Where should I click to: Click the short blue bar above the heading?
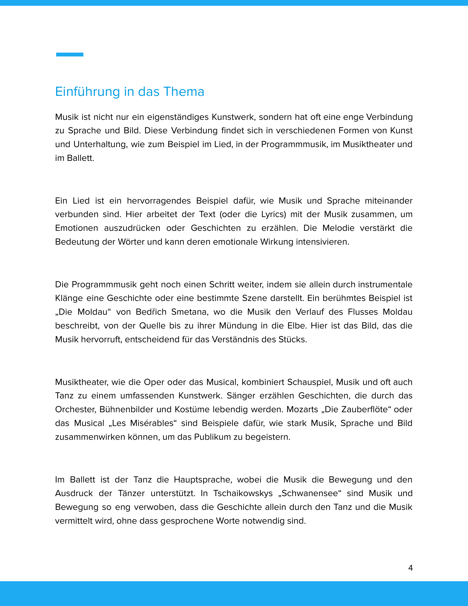click(70, 54)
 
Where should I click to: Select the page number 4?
click(410, 568)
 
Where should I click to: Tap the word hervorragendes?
click(159, 201)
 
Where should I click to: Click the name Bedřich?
click(151, 312)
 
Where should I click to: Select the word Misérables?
click(152, 423)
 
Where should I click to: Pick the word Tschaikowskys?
click(243, 494)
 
